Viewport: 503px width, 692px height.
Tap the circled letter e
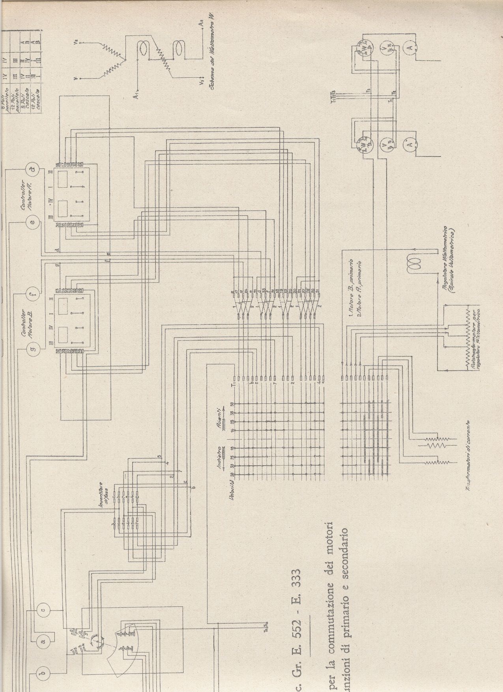33,222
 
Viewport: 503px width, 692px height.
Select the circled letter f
33,294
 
